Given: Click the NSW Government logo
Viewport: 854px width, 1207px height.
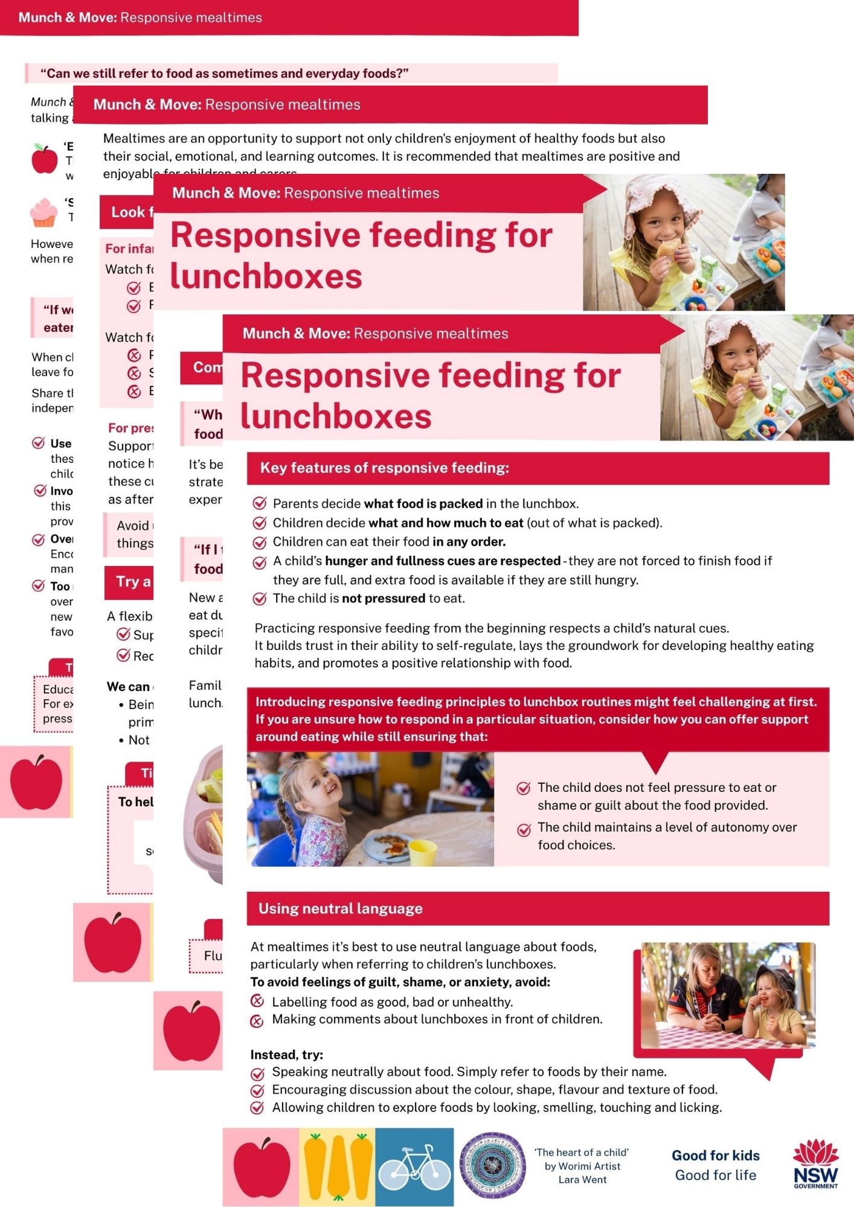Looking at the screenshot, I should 815,1164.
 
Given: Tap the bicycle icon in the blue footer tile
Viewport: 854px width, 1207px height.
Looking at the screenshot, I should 414,1167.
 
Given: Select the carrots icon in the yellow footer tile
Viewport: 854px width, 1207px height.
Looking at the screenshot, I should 337,1167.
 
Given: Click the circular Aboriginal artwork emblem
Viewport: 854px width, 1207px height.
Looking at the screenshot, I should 492,1165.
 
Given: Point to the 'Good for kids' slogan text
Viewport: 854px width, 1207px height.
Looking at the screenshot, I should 715,1155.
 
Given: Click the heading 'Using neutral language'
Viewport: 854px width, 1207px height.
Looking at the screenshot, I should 340,908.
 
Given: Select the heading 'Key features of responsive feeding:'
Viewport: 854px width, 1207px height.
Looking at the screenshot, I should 384,468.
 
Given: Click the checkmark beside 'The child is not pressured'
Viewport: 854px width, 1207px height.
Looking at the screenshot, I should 260,599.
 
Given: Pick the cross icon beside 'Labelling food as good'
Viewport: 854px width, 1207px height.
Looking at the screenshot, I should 257,1001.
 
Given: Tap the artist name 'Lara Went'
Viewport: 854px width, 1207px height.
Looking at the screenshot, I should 582,1180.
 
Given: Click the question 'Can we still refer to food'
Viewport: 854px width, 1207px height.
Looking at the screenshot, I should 224,74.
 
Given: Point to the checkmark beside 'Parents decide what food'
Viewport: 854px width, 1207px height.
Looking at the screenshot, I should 260,503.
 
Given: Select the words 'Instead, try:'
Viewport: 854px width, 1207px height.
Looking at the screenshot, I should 286,1054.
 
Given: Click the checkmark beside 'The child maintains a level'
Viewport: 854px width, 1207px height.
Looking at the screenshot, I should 524,829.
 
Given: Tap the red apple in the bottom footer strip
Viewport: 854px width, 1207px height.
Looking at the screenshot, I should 261,1167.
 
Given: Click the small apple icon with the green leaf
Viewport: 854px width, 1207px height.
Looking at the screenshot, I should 44,159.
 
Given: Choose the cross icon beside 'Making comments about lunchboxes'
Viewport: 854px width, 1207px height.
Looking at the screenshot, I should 257,1021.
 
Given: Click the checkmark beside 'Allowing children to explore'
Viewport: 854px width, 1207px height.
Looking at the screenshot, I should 257,1108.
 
